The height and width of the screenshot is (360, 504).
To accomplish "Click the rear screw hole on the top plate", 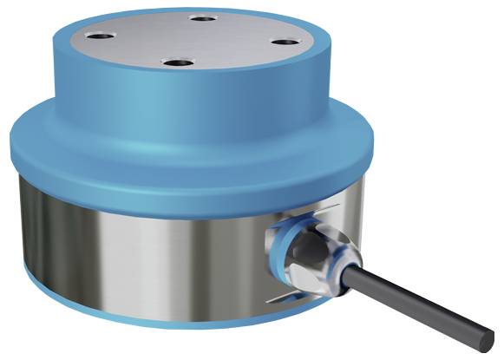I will click(201, 18).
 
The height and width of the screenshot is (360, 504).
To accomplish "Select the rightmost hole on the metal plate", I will click(283, 40).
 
